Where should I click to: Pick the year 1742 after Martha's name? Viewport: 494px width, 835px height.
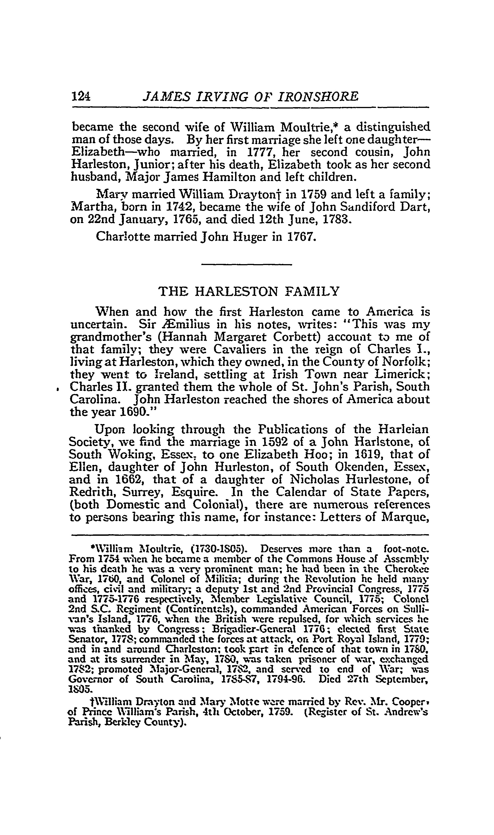tap(175, 207)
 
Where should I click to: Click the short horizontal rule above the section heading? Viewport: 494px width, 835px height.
tap(247, 265)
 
